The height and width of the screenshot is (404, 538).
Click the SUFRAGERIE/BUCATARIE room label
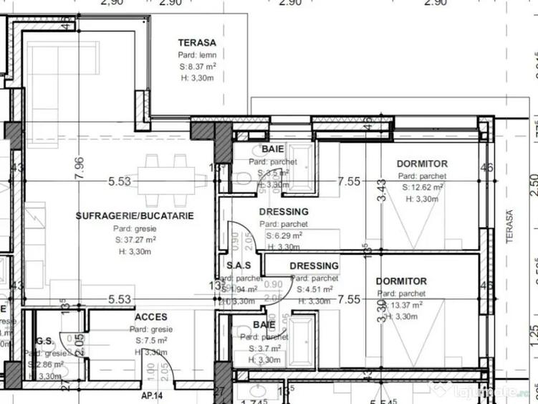pyautogui.click(x=135, y=215)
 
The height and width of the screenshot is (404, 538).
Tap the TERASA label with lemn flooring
pyautogui.click(x=197, y=42)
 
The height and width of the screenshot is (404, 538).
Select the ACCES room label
pyautogui.click(x=151, y=316)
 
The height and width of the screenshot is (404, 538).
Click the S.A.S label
pyautogui.click(x=238, y=266)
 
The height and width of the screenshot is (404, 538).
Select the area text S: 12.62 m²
pyautogui.click(x=423, y=187)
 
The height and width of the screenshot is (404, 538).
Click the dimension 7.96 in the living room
pyautogui.click(x=79, y=169)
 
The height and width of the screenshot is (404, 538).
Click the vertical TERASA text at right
pyautogui.click(x=511, y=227)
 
